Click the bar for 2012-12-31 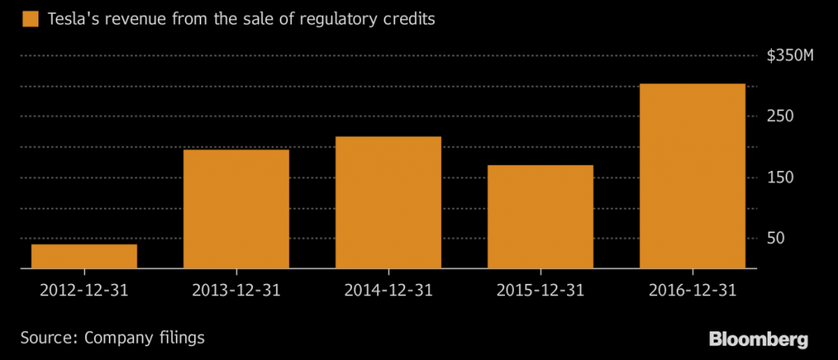pos(84,256)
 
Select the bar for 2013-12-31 pos(236,209)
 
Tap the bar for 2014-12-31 pos(388,202)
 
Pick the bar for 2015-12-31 pos(540,217)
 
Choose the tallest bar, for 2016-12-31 pos(692,176)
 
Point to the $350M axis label pos(790,56)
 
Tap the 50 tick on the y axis pos(776,238)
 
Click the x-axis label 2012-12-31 pos(84,290)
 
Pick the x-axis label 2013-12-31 pos(236,290)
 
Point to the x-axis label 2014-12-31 pos(388,290)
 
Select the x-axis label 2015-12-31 pos(540,290)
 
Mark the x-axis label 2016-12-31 pos(692,290)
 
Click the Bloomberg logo pos(759,339)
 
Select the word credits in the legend pos(408,19)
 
